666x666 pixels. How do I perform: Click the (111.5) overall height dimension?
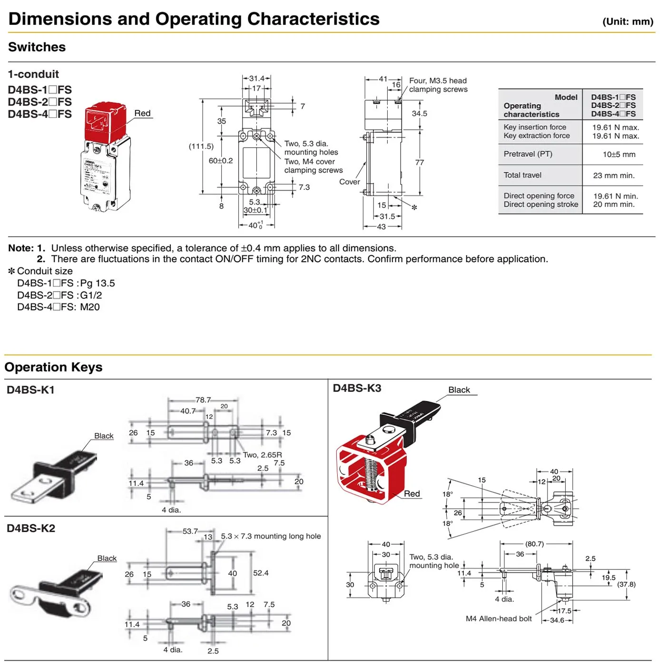click(x=201, y=147)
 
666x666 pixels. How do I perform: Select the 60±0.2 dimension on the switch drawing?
click(x=221, y=161)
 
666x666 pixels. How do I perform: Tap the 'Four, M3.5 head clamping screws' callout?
click(x=438, y=85)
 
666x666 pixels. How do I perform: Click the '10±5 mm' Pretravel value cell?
click(x=618, y=155)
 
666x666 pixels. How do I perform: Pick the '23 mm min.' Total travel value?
click(x=614, y=176)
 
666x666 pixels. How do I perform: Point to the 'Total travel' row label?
click(x=522, y=176)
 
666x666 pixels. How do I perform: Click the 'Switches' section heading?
click(x=37, y=47)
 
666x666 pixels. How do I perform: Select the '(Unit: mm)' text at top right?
click(x=627, y=21)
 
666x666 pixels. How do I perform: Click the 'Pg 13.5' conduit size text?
click(x=98, y=284)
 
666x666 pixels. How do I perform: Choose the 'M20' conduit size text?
click(x=90, y=307)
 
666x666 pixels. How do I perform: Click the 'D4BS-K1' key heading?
click(x=31, y=390)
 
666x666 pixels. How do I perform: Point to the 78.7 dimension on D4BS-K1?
click(x=203, y=400)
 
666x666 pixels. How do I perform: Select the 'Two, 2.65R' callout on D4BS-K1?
click(x=262, y=455)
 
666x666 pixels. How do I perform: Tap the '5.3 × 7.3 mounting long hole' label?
click(x=271, y=537)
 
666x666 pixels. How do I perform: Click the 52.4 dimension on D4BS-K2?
click(x=261, y=573)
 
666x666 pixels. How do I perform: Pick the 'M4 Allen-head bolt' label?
click(x=499, y=619)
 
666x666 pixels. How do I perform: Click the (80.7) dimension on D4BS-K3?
click(x=534, y=544)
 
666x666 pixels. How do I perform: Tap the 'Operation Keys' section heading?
click(x=54, y=367)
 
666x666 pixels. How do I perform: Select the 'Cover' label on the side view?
click(x=350, y=182)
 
